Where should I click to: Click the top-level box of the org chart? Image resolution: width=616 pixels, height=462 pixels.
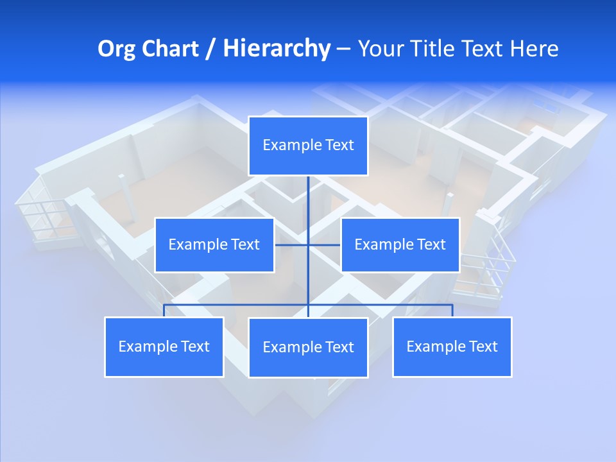click(x=308, y=146)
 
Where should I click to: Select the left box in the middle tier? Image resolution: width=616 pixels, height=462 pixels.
click(x=214, y=244)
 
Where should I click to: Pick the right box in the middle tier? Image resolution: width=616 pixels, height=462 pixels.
click(x=400, y=244)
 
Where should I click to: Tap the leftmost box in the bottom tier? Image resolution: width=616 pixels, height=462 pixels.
click(x=164, y=346)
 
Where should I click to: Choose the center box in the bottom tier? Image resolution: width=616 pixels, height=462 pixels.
click(x=308, y=347)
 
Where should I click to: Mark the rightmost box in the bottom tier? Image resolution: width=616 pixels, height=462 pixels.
click(x=452, y=346)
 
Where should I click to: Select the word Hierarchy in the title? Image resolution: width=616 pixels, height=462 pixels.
click(x=277, y=49)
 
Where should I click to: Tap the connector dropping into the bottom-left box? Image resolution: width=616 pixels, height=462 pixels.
click(x=164, y=311)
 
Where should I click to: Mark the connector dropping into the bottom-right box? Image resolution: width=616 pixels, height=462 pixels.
click(x=452, y=311)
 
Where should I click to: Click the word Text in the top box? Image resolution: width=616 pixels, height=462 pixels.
click(x=339, y=145)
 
